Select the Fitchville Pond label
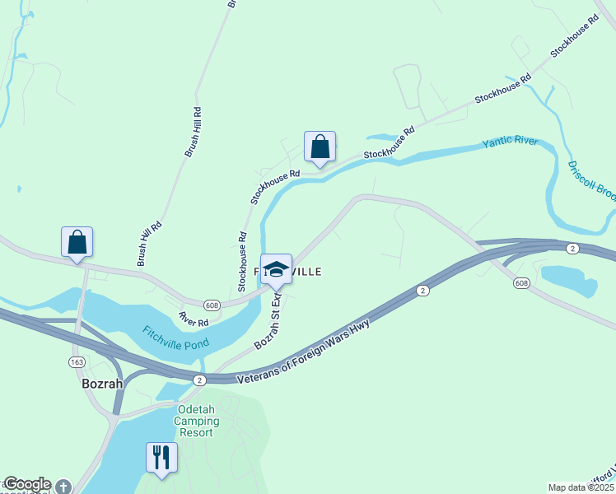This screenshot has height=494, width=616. point(175,336)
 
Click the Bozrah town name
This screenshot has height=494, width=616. point(102,383)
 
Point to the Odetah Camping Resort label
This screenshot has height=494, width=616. point(197,421)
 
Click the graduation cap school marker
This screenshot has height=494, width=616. point(276,269)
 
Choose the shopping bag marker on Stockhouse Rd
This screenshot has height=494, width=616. point(320,147)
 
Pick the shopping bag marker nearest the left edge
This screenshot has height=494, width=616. point(77,242)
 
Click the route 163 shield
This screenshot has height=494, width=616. point(75,361)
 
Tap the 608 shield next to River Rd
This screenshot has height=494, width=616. point(212,304)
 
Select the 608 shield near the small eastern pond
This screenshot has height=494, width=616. point(520,283)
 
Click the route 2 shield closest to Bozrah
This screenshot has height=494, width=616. point(198,380)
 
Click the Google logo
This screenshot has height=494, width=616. point(26,484)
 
